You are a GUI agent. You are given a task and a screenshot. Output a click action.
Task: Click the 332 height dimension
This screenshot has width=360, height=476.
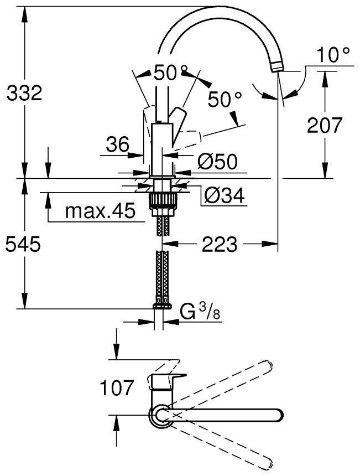coord(24,93)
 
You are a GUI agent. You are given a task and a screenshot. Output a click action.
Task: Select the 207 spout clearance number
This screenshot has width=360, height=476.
coord(325,125)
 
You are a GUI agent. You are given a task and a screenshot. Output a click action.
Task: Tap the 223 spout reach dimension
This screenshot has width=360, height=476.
coord(219,244)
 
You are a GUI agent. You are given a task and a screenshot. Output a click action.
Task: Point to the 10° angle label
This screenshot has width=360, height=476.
coord(333,54)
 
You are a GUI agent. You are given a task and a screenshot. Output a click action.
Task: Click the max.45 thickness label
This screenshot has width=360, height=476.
coord(100,211)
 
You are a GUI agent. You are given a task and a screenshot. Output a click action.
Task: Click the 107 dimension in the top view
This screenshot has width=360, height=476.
coord(117,387)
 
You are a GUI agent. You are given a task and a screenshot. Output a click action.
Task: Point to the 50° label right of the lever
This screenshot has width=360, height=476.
coord(225,100)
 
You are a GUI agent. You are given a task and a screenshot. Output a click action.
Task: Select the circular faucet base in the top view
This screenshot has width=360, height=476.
coord(161,415)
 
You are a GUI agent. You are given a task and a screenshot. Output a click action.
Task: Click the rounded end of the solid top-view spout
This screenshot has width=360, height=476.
coord(278,415)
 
